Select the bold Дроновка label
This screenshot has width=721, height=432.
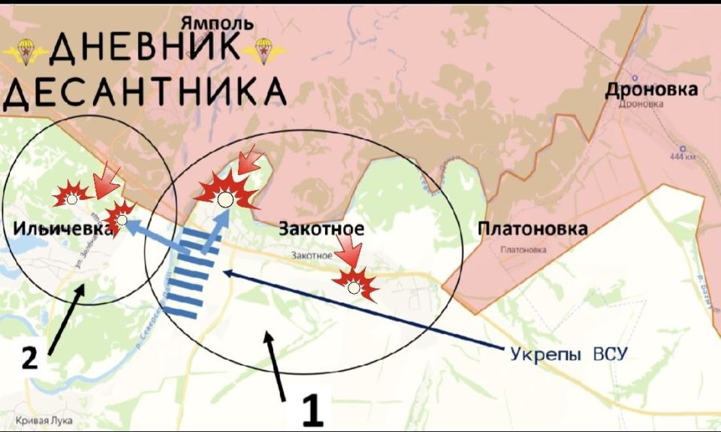click(x=652, y=90)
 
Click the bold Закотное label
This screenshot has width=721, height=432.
click(x=321, y=228)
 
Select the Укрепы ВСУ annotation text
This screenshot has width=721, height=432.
click(x=567, y=353)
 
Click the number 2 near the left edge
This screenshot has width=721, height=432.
click(x=29, y=358)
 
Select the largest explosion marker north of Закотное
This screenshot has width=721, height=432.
click(x=225, y=194)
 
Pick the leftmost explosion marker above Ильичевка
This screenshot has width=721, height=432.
click(x=71, y=198)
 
